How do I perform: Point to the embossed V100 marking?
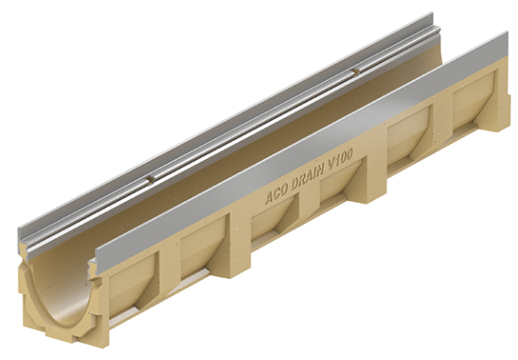click(x=339, y=161)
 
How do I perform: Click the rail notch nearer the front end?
click(x=150, y=179)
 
